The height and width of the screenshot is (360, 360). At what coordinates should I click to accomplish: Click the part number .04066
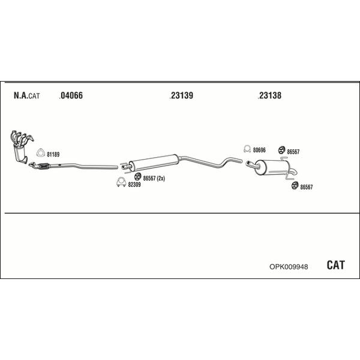(71, 95)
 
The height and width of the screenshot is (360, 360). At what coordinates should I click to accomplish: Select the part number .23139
(181, 95)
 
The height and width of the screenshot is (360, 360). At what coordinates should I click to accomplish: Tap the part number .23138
(269, 95)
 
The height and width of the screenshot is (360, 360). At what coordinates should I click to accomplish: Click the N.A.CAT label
(26, 95)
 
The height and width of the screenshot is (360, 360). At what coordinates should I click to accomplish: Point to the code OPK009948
(289, 267)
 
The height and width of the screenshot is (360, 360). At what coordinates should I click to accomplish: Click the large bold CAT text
(335, 265)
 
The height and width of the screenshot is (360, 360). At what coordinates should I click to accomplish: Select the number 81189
(53, 155)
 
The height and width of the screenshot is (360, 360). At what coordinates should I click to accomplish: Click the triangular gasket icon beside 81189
(41, 153)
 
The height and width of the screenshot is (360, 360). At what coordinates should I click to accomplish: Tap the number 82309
(134, 185)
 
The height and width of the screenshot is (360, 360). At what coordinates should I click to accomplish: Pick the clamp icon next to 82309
(121, 182)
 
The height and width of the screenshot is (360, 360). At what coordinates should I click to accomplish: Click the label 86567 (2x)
(154, 178)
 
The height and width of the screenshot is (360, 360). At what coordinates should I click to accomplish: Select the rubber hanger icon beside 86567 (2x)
(137, 176)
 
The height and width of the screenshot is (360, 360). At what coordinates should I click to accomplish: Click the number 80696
(259, 150)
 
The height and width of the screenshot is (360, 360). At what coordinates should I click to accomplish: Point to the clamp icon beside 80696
(247, 149)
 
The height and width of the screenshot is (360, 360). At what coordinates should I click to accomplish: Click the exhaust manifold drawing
(21, 146)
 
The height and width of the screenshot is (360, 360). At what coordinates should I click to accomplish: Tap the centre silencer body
(154, 162)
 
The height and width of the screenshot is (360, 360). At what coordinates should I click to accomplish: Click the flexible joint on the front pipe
(44, 166)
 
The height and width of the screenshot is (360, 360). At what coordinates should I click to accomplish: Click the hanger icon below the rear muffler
(295, 185)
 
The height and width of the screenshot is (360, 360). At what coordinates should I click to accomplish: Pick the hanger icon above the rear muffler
(281, 150)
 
